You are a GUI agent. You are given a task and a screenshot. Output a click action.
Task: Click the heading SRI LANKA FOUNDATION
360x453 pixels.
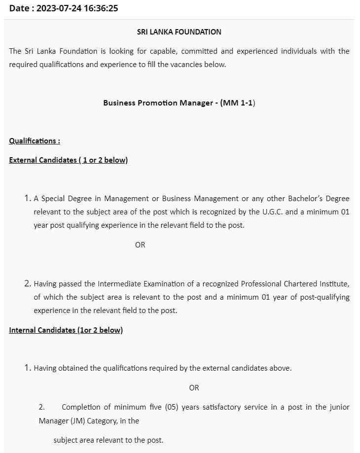pos(179,32)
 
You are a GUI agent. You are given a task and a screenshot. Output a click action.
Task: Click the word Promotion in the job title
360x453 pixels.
pos(166,103)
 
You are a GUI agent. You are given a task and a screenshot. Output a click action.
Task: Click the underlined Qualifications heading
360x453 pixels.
pos(35,140)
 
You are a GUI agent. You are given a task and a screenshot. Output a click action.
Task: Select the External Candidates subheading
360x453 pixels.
pos(68,160)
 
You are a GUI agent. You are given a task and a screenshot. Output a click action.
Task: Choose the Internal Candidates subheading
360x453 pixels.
pos(66,330)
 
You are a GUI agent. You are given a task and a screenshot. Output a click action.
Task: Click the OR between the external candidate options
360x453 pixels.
pos(140,244)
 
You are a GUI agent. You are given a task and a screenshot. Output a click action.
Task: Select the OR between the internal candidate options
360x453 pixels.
pos(194,387)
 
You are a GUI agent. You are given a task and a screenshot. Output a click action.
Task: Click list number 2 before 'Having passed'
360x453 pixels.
pos(27,283)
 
